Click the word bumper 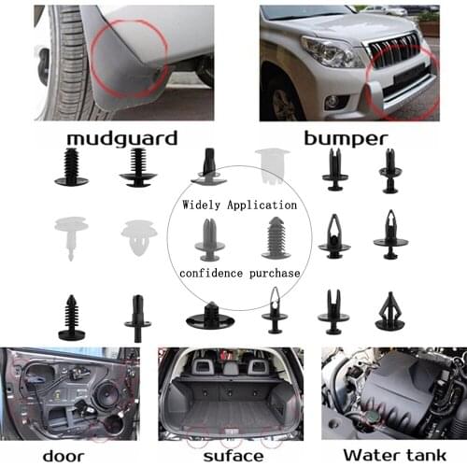click(x=346, y=139)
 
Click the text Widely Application click(x=239, y=204)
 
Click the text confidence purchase click(x=239, y=274)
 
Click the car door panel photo click(x=70, y=392)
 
